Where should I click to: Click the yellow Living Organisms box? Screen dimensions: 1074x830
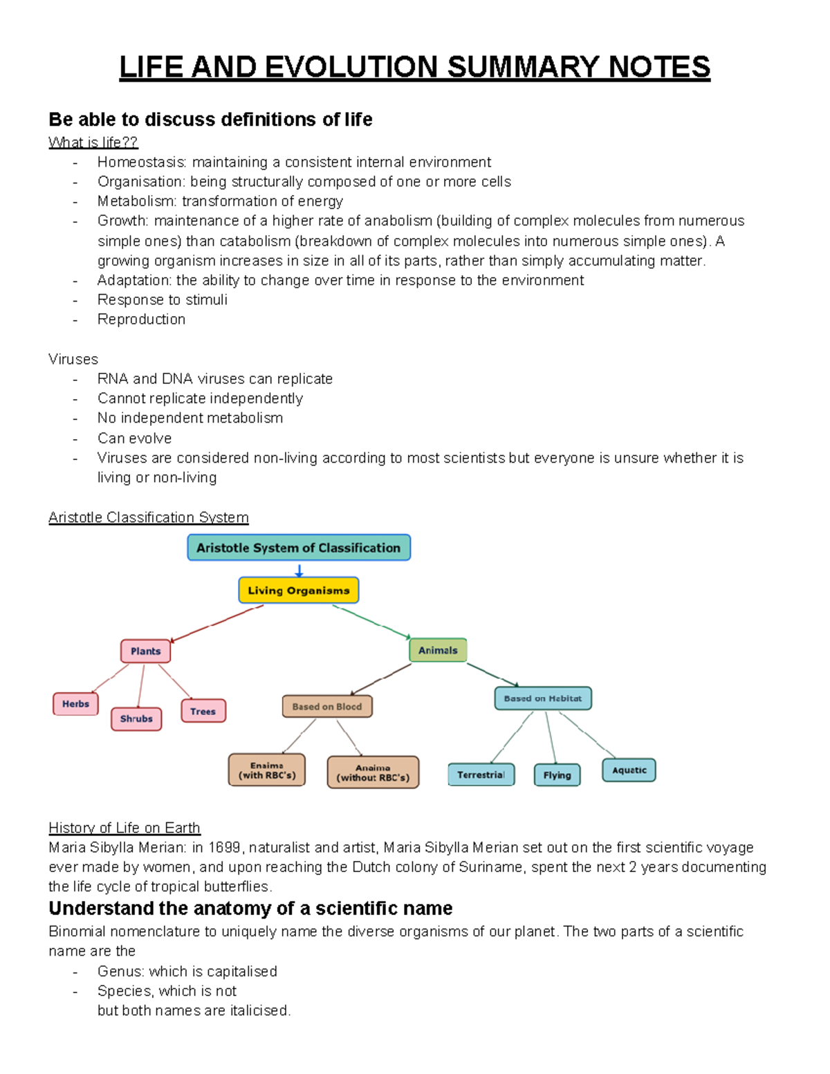point(299,591)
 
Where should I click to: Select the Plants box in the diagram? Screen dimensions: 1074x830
point(145,651)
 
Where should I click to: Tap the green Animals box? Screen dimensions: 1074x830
point(438,650)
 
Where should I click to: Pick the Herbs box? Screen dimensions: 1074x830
point(75,704)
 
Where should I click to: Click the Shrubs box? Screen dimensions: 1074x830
point(136,719)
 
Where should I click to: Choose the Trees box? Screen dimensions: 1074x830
point(203,711)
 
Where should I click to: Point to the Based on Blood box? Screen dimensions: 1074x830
point(327,707)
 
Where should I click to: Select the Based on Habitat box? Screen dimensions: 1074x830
point(543,698)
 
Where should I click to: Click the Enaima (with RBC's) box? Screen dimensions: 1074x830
point(267,770)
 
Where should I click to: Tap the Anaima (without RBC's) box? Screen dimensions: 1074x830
point(373,772)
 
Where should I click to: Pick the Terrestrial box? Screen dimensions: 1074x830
point(481,775)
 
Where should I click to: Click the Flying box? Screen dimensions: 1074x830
point(557,775)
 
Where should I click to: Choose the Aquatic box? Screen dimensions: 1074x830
point(629,770)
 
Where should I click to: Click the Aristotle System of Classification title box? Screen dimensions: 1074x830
point(299,548)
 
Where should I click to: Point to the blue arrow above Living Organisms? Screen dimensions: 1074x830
point(299,571)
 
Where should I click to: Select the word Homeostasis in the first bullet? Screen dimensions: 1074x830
point(141,163)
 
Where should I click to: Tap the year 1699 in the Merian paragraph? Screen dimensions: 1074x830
point(224,848)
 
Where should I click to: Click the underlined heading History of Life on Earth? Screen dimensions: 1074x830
point(124,828)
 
